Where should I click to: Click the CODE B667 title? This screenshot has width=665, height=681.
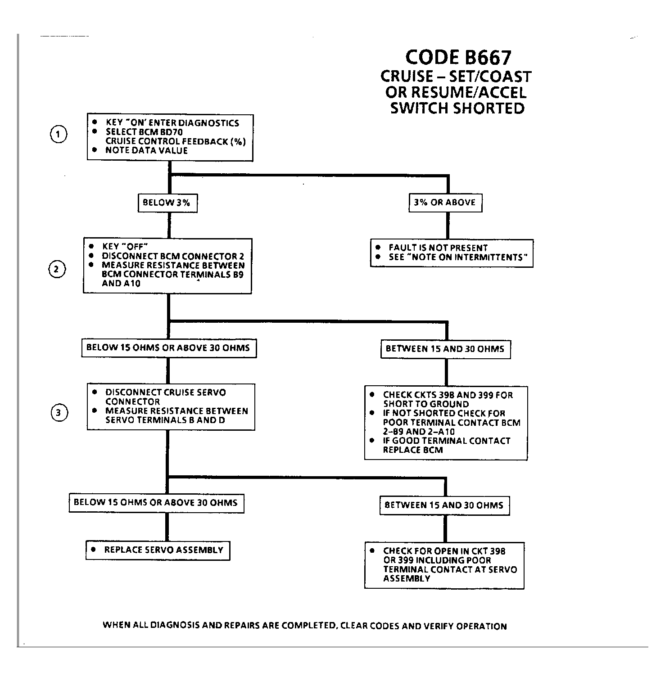tap(458, 58)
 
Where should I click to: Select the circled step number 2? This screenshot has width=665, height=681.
tap(57, 269)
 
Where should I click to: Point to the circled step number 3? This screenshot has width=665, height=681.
tap(59, 413)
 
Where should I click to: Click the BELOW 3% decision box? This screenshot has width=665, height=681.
tap(167, 203)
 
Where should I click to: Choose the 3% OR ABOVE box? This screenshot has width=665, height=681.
tap(445, 203)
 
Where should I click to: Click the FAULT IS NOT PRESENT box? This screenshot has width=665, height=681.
tap(452, 253)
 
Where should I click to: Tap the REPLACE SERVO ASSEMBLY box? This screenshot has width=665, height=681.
tap(158, 550)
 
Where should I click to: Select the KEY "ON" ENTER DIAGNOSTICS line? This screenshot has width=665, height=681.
tap(172, 123)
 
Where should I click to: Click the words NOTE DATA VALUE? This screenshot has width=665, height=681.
tap(146, 150)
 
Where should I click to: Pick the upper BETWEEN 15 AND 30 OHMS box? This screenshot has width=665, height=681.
tap(445, 349)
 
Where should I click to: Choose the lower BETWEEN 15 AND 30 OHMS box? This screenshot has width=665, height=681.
tap(444, 505)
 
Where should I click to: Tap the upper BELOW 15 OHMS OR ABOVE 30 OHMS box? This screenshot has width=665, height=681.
tap(168, 348)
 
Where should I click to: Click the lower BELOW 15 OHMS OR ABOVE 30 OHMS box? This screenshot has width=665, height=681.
tap(156, 502)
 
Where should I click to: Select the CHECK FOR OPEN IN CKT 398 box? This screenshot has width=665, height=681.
tap(444, 565)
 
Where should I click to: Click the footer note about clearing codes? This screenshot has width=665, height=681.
tap(305, 626)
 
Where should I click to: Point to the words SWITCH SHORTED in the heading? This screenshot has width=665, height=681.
tap(457, 108)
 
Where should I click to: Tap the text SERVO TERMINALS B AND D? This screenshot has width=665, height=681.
tap(165, 420)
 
